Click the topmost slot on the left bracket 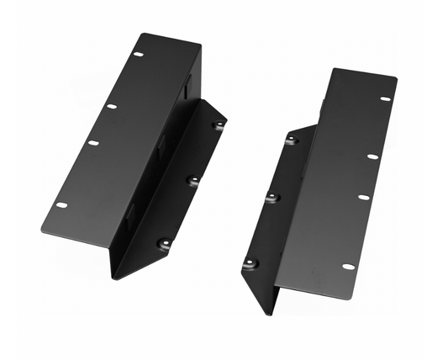138,56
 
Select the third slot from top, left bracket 93,142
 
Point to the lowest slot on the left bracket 61,204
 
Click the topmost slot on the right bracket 386,98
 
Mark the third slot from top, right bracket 363,197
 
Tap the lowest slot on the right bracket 348,266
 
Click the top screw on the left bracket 219,125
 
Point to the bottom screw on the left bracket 165,244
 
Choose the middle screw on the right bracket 271,198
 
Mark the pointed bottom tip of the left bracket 114,278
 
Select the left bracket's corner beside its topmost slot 140,34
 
